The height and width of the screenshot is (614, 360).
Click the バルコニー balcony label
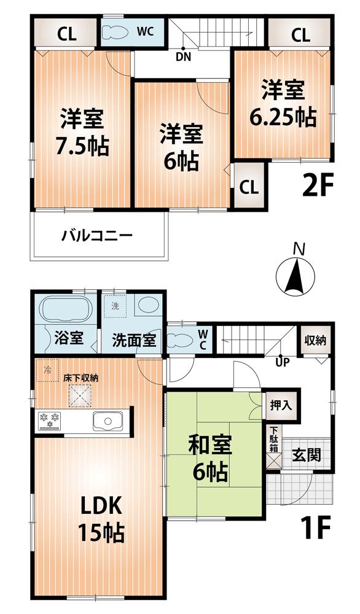click(x=97, y=236)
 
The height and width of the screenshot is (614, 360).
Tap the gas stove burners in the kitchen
click(x=49, y=420)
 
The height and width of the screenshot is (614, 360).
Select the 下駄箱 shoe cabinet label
click(x=272, y=440)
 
